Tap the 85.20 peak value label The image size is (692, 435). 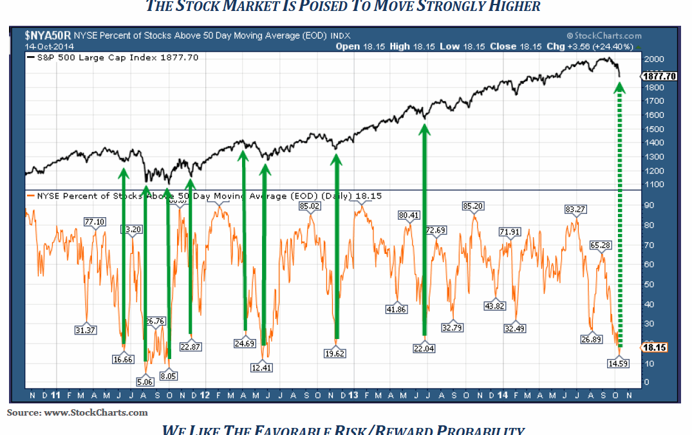coord(472,206)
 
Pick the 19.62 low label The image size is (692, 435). coord(337,353)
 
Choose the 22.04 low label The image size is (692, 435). coord(424,348)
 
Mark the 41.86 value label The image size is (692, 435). coord(397,309)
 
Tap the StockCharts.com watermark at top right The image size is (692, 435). coord(604,36)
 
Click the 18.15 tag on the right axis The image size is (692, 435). coord(655,347)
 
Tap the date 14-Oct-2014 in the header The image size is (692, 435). coord(50,46)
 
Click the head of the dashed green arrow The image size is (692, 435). coord(621,87)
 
